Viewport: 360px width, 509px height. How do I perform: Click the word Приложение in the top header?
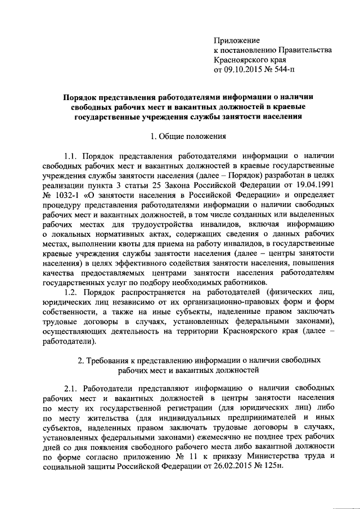click(237, 40)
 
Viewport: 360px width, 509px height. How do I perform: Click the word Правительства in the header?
click(304, 50)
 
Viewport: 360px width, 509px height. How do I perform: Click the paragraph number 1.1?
click(74, 156)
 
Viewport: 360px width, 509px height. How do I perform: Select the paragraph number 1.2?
click(74, 292)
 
